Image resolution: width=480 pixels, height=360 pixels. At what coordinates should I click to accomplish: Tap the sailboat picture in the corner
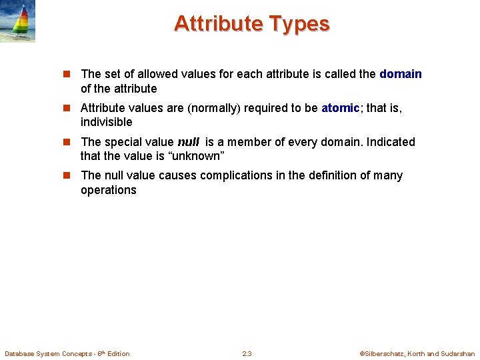pyautogui.click(x=17, y=21)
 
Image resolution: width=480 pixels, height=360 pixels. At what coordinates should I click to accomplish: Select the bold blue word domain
pyautogui.click(x=401, y=74)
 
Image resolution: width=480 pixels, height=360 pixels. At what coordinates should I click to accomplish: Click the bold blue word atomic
pyautogui.click(x=341, y=108)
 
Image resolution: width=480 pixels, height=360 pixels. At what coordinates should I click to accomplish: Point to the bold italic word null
pyautogui.click(x=189, y=142)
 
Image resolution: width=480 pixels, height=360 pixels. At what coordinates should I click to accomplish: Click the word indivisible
pyautogui.click(x=107, y=122)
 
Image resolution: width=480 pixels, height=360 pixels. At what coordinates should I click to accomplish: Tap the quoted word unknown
pyautogui.click(x=197, y=156)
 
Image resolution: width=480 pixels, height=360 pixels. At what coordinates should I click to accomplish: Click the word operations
pyautogui.click(x=108, y=190)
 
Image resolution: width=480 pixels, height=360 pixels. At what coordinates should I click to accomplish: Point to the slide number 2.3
pyautogui.click(x=247, y=353)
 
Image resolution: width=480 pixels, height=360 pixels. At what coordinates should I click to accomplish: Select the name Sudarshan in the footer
pyautogui.click(x=458, y=353)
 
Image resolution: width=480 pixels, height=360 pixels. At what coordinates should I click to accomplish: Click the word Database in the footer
pyautogui.click(x=20, y=353)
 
